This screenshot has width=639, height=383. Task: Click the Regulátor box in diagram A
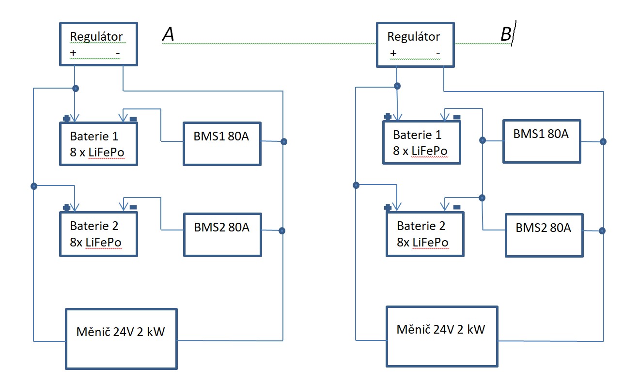pyautogui.click(x=98, y=43)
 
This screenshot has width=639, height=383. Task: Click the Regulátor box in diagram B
pyautogui.click(x=415, y=44)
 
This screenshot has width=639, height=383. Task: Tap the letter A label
pyautogui.click(x=168, y=34)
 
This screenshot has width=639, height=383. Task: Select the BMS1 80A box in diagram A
pyautogui.click(x=222, y=143)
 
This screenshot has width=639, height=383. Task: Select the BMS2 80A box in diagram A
pyautogui.click(x=222, y=234)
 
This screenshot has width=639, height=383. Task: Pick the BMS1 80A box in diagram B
pyautogui.click(x=541, y=141)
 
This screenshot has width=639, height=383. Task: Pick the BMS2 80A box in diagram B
pyautogui.click(x=544, y=235)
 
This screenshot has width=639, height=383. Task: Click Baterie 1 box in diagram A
pyautogui.click(x=98, y=143)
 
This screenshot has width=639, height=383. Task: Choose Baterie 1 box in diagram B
pyautogui.click(x=421, y=142)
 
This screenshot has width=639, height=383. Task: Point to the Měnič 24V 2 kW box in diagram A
pyautogui.click(x=121, y=338)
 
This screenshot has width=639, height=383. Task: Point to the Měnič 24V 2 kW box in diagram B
pyautogui.click(x=441, y=336)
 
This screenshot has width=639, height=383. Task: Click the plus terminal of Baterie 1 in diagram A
pyautogui.click(x=66, y=118)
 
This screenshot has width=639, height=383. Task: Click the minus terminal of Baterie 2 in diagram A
pyautogui.click(x=133, y=207)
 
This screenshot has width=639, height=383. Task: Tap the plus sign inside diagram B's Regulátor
pyautogui.click(x=393, y=53)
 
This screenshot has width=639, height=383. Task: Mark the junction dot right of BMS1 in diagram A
pyautogui.click(x=284, y=142)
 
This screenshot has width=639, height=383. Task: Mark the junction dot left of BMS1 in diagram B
pyautogui.click(x=482, y=140)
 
